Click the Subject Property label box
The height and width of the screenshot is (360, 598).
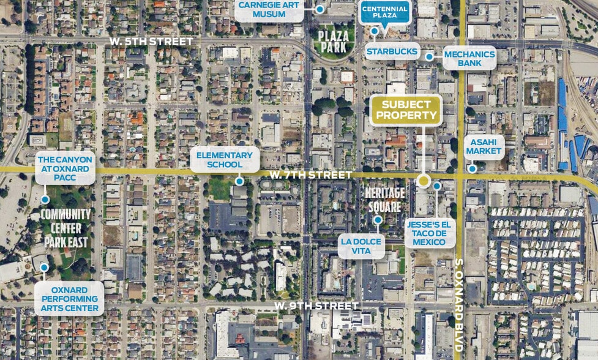[x=405, y=111]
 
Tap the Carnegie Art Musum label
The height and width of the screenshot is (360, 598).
[x=270, y=10]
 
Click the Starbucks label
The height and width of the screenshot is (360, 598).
[x=392, y=51]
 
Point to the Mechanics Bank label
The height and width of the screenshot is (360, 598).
[x=469, y=58]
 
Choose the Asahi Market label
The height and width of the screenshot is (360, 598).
[x=484, y=147]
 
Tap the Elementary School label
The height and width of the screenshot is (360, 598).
[x=225, y=160]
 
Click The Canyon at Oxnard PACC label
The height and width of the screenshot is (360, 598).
[x=65, y=167]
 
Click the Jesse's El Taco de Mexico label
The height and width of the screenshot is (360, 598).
[x=429, y=232]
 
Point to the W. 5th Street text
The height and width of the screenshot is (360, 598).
[x=152, y=41]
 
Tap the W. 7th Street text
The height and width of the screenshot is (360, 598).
[x=311, y=176]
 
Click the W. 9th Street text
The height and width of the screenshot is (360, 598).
[x=316, y=305]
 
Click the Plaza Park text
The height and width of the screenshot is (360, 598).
[x=334, y=41]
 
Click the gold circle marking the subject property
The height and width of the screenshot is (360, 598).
[x=423, y=181]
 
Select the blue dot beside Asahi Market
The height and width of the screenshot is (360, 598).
[x=472, y=168]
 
